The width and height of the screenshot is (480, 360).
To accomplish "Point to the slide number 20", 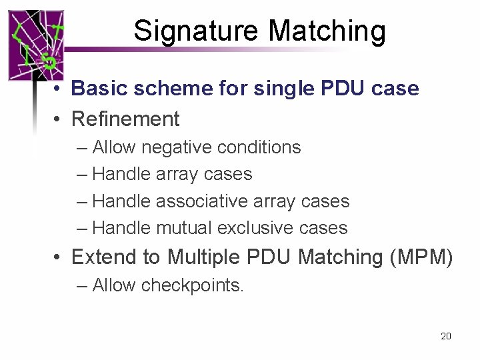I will click(446, 336).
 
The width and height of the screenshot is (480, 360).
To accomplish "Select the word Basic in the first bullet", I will click(93, 88).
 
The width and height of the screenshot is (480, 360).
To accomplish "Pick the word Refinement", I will click(125, 119).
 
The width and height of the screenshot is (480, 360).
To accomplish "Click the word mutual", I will click(184, 227).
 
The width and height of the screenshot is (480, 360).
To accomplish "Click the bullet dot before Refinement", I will click(59, 119).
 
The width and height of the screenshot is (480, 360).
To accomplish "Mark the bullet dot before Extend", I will click(59, 257).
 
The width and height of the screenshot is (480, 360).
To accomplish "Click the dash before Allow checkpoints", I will click(82, 285).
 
